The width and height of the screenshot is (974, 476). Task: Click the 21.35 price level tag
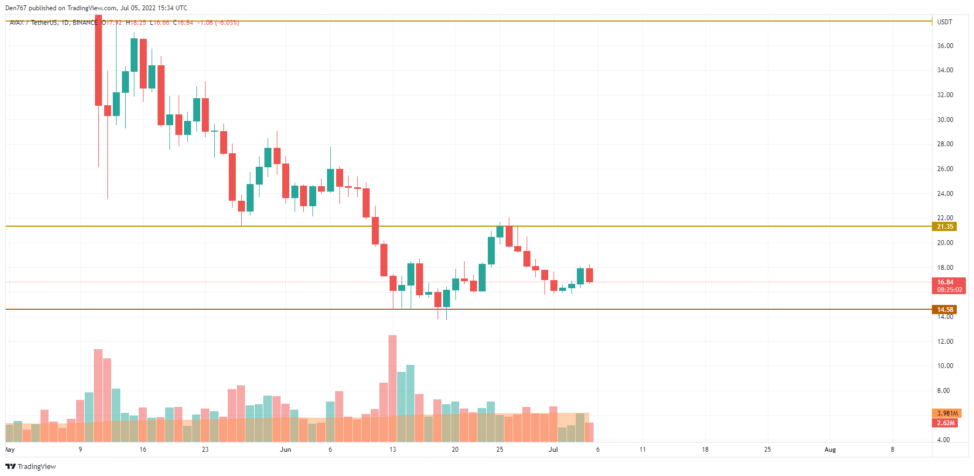[945, 227]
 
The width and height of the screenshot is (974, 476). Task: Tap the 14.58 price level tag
[945, 310]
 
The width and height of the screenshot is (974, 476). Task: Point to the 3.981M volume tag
[947, 413]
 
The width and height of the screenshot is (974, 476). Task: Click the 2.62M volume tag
[946, 423]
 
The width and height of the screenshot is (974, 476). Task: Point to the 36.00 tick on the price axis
[945, 46]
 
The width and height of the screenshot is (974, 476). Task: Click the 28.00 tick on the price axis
[945, 144]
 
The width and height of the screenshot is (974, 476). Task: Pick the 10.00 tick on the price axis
[945, 366]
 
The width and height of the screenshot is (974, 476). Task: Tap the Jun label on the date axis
[285, 450]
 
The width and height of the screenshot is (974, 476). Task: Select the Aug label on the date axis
[830, 450]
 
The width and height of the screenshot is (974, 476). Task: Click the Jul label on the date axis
[553, 450]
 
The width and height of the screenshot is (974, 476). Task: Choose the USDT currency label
[944, 22]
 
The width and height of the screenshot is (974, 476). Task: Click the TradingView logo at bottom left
[31, 466]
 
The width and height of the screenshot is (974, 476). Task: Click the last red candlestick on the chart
[589, 275]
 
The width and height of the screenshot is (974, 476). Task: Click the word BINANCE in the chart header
[85, 23]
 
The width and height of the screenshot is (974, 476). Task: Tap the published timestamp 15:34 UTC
[173, 8]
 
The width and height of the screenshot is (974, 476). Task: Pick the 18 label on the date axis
[705, 450]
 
